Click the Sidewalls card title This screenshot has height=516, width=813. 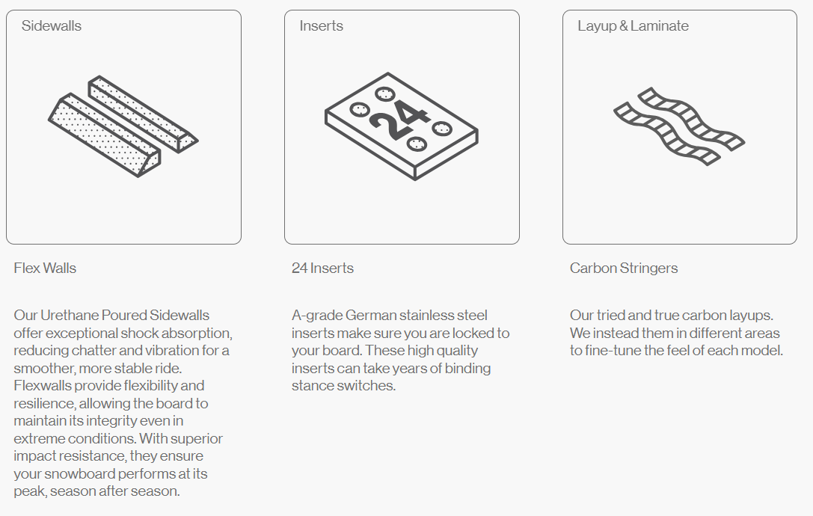tap(52, 26)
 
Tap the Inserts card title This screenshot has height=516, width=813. tap(321, 26)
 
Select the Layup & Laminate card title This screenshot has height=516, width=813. tap(633, 26)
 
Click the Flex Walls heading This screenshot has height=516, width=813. tap(45, 268)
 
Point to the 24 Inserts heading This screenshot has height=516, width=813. tap(322, 268)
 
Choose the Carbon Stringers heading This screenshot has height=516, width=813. tap(624, 268)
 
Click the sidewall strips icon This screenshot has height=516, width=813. tap(123, 126)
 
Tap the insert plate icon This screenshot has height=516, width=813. tap(402, 126)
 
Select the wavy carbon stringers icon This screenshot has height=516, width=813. tap(679, 126)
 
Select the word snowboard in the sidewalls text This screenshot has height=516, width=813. tap(80, 474)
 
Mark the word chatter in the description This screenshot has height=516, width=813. tap(93, 351)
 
